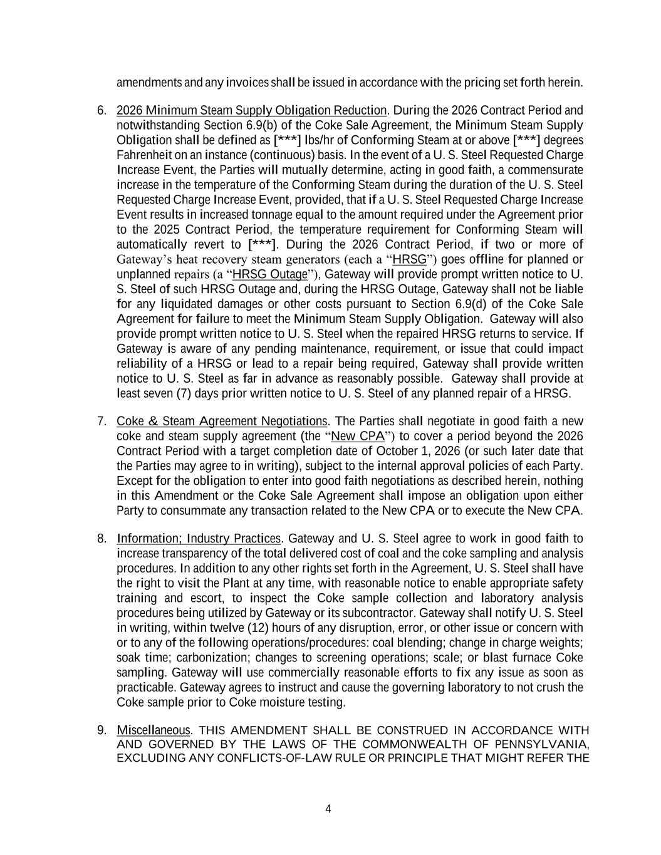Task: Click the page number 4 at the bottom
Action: [328, 809]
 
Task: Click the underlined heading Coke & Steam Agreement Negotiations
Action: [222, 421]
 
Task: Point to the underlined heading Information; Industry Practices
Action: [199, 539]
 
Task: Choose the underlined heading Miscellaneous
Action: [153, 730]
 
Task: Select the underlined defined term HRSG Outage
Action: [270, 274]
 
